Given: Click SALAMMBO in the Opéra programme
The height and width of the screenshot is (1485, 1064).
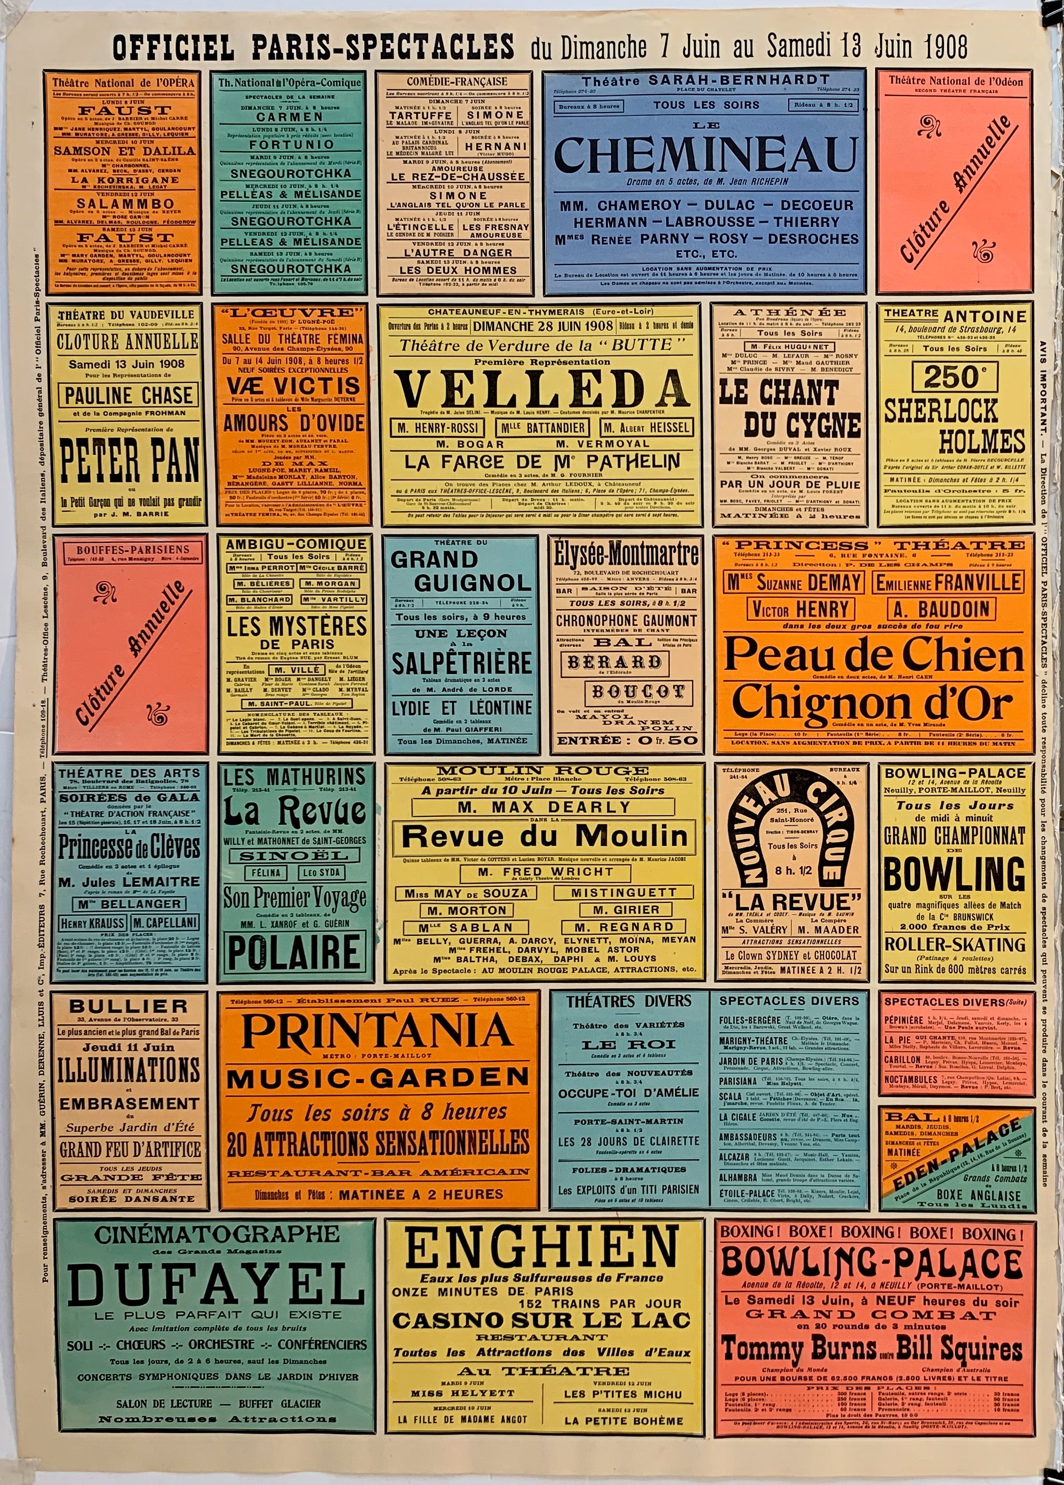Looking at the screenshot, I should (124, 204).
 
